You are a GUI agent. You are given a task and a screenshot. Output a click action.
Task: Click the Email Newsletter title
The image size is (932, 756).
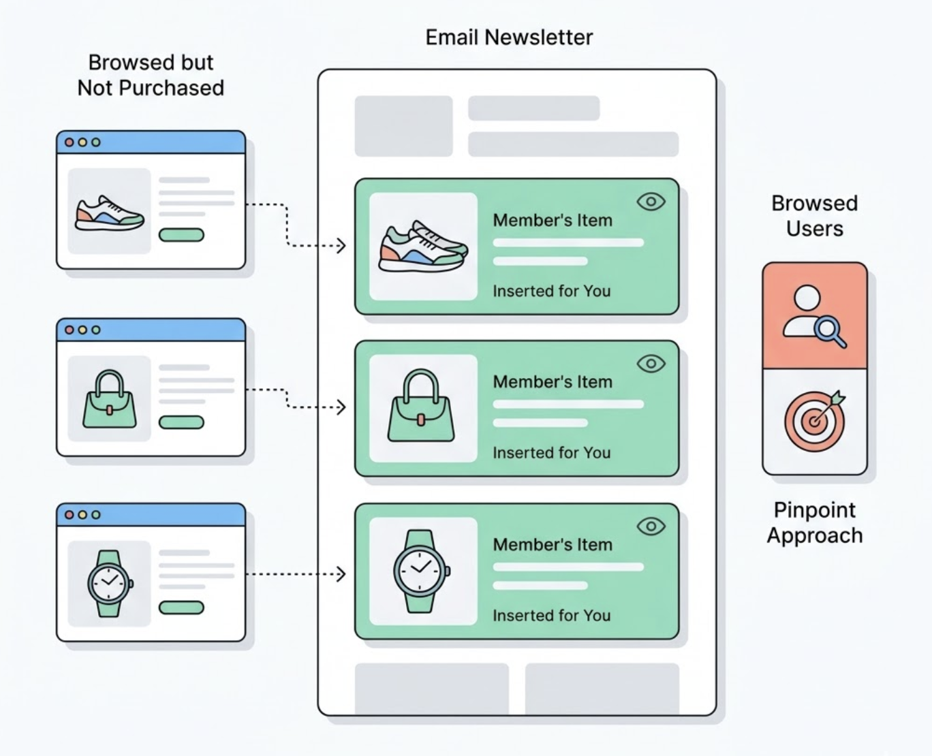tap(509, 37)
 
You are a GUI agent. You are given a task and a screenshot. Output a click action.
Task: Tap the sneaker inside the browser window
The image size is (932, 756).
tap(109, 212)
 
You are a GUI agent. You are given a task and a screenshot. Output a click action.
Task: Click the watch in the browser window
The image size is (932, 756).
tap(110, 583)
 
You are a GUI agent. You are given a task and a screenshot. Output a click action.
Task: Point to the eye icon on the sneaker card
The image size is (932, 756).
tap(651, 202)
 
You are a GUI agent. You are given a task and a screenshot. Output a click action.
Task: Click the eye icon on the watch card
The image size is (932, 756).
tap(651, 526)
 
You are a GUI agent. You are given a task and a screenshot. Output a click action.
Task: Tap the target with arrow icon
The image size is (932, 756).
tap(814, 420)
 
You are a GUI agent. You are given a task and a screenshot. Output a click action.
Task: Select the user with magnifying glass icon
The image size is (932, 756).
tap(813, 315)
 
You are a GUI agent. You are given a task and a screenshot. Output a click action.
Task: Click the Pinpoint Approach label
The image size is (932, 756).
tap(815, 522)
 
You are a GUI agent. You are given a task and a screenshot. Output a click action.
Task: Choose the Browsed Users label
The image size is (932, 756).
tap(814, 215)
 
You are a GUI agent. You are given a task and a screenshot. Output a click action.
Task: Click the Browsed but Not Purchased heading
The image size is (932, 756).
tap(151, 75)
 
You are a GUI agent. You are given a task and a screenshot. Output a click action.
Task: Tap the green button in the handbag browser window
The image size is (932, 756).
tap(181, 422)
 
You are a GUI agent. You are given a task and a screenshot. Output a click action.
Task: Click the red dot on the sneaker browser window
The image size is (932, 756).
tap(69, 142)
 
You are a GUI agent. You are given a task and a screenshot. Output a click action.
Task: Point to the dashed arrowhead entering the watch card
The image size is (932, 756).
tap(341, 574)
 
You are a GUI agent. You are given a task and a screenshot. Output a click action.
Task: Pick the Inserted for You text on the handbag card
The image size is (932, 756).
tap(551, 453)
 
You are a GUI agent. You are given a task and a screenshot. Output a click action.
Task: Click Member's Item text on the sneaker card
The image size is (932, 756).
tap(553, 220)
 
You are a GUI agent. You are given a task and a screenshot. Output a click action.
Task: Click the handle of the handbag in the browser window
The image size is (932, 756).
tap(109, 382)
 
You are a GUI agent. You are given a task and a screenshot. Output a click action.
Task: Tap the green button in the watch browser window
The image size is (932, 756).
tap(181, 608)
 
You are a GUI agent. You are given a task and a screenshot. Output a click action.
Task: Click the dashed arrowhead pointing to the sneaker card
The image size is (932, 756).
tap(341, 245)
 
